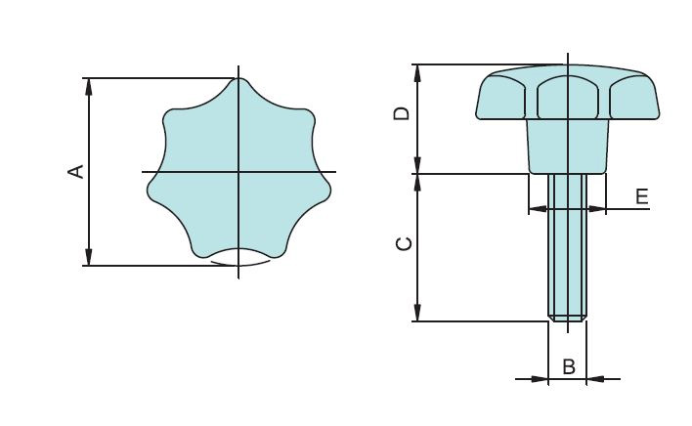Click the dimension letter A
click(x=74, y=172)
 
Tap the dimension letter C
click(x=402, y=244)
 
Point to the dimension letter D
click(x=402, y=114)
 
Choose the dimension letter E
click(x=642, y=196)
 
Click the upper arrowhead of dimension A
click(x=89, y=85)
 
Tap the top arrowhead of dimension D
click(x=418, y=72)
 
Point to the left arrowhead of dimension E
click(x=535, y=208)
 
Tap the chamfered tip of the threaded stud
click(x=567, y=318)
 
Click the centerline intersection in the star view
click(x=238, y=172)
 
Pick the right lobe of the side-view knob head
click(x=634, y=99)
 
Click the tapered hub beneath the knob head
click(x=567, y=147)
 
